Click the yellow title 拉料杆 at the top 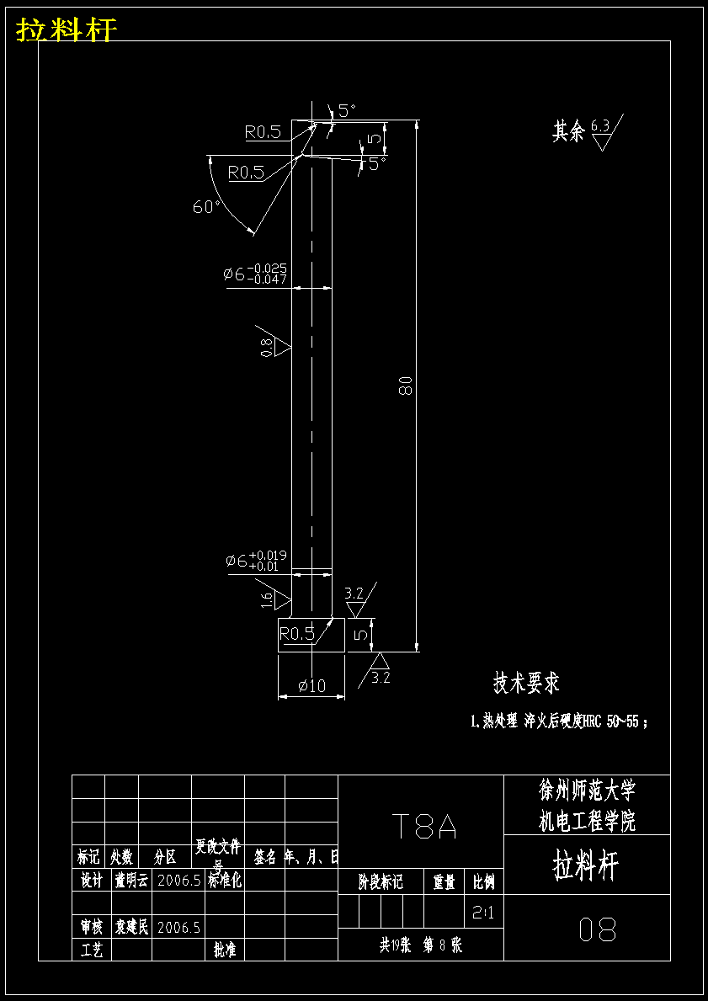point(67,30)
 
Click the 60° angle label point(206,206)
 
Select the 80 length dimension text point(406,386)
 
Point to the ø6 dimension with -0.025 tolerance point(255,274)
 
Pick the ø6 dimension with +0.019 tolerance point(256,560)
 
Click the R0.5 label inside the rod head point(296,634)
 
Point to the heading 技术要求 point(526,683)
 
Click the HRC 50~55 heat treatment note point(560,721)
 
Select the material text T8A point(423,828)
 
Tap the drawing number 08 point(598,929)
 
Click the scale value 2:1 point(483,912)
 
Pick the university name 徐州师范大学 point(587,790)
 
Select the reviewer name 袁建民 point(131,928)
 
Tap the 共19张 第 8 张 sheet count point(421,945)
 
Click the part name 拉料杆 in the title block point(586,865)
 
